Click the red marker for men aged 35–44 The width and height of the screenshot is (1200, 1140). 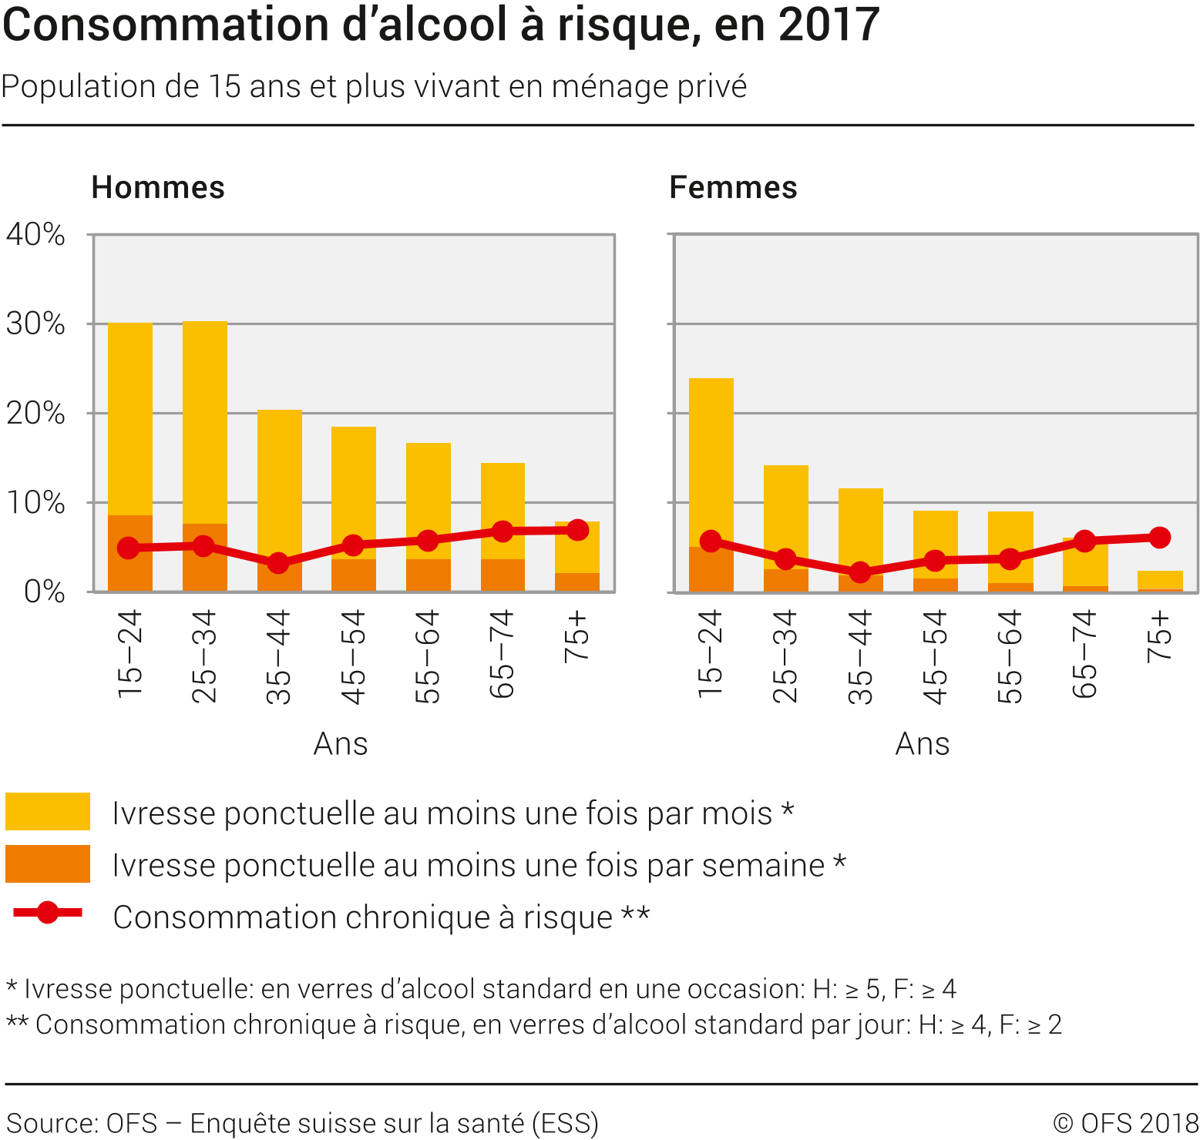[278, 563]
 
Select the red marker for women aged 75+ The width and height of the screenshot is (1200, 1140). [1159, 538]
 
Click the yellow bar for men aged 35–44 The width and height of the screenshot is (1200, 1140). [279, 478]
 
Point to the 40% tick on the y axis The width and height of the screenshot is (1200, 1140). [35, 234]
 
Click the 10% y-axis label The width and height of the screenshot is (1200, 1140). [35, 503]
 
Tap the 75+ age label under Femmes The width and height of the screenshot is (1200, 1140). [1159, 637]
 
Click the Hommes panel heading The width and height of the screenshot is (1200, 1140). [158, 187]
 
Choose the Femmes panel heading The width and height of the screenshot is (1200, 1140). [733, 187]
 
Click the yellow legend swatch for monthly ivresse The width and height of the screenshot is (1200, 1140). [47, 811]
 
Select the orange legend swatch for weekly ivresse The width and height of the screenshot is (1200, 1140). [47, 863]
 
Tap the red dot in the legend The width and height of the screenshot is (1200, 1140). [47, 913]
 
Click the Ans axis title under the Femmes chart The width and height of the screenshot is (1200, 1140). [922, 744]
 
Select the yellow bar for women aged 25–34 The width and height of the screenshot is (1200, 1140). [785, 512]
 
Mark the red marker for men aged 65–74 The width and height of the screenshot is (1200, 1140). [503, 531]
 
